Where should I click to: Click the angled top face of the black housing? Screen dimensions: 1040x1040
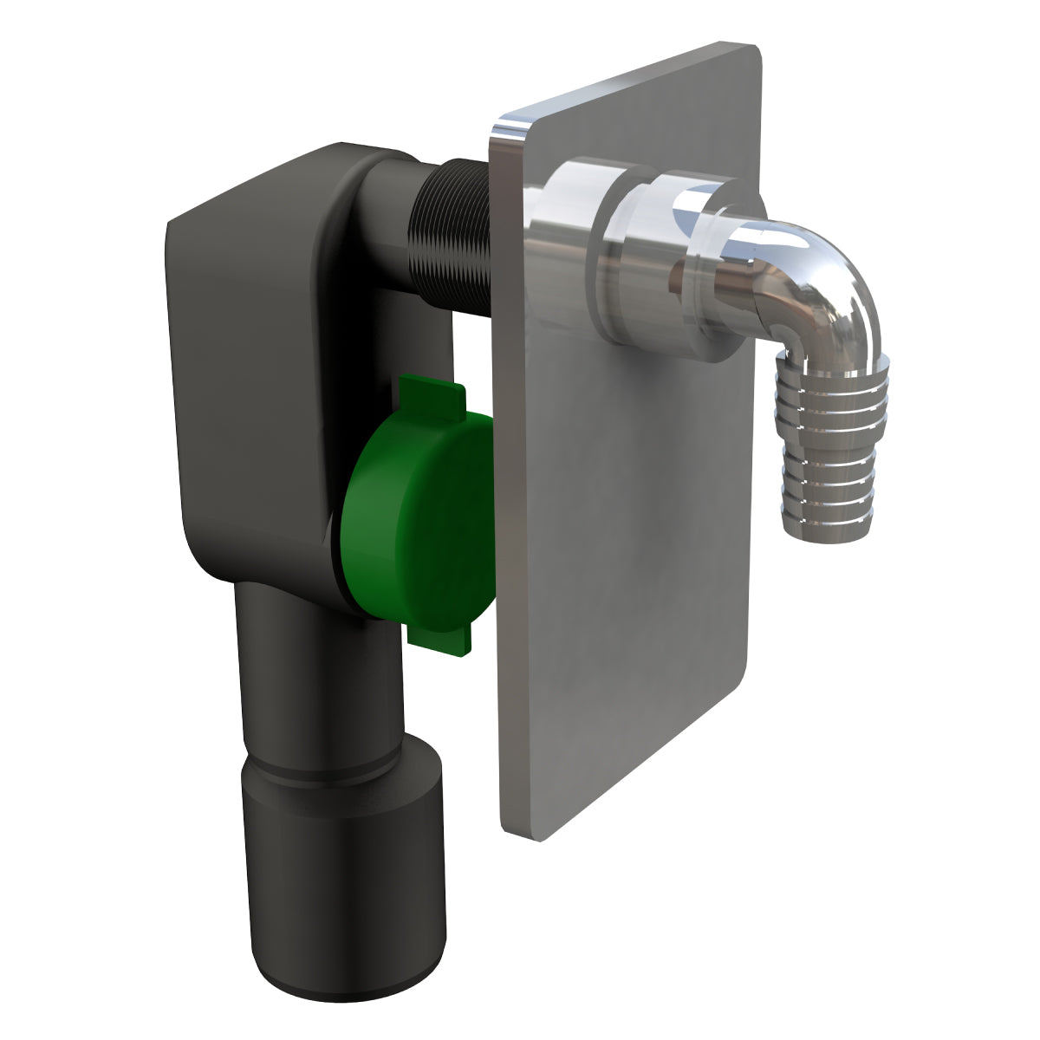click(260, 186)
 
